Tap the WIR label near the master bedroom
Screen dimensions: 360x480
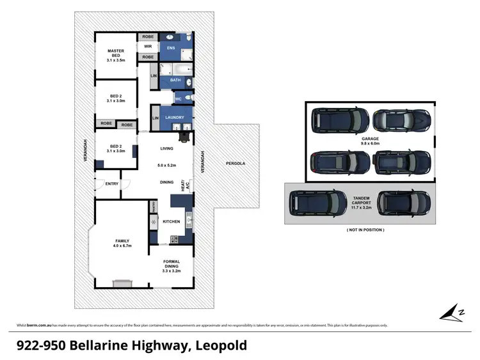click(147, 47)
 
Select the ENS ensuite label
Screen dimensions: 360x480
click(171, 48)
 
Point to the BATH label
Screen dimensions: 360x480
click(175, 81)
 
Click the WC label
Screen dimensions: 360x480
click(179, 99)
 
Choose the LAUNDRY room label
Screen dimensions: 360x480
click(175, 118)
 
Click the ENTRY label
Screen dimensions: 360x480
click(112, 184)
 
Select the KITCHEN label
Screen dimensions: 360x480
click(171, 222)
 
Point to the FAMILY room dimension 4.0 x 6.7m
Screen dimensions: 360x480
click(122, 246)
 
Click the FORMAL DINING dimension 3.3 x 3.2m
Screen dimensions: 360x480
click(172, 271)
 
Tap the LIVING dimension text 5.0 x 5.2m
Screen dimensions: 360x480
click(167, 166)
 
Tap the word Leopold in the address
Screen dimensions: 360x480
click(220, 346)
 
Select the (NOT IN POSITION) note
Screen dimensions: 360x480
click(365, 230)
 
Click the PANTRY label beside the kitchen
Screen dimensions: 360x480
click(154, 207)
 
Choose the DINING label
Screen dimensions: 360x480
click(167, 182)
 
